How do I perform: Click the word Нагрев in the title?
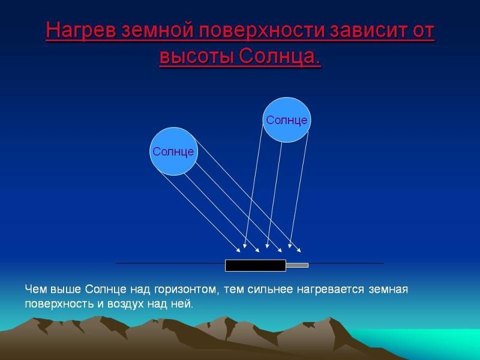point(80,31)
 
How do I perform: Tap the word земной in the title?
point(158,31)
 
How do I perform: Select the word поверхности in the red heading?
point(262,31)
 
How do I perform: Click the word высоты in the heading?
point(196,56)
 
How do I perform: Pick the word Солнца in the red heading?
point(279,56)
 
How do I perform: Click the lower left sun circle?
point(173,151)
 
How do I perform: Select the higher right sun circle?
point(287,120)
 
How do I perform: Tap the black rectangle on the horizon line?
point(256,265)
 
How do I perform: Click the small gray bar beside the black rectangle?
point(297,265)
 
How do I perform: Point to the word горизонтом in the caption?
point(187,290)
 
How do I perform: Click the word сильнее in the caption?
point(270,289)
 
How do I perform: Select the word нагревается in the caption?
point(331,290)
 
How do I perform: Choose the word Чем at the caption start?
point(36,289)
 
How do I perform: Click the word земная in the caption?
point(388,290)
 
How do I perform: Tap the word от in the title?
point(424,31)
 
